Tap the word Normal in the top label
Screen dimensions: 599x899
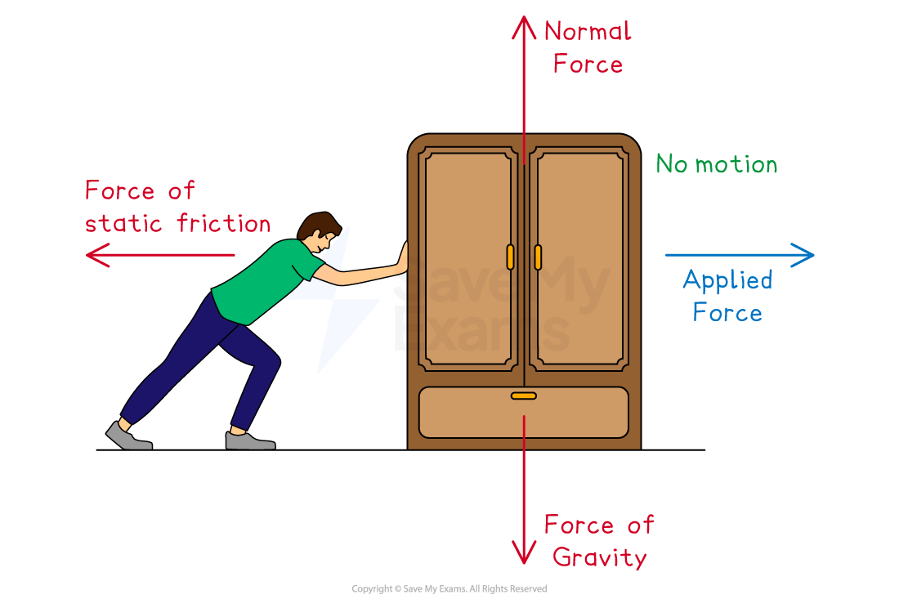[x=588, y=32]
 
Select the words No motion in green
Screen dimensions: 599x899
[x=717, y=164]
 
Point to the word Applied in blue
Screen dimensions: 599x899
[x=727, y=280]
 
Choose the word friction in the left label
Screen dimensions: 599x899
[x=225, y=223]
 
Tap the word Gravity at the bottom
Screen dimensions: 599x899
[x=599, y=557]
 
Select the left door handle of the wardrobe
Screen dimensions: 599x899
[x=510, y=257]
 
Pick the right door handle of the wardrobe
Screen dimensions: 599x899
[x=538, y=257]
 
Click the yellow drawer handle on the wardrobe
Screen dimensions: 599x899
[x=524, y=396]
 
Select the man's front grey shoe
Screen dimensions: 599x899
[x=249, y=441]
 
